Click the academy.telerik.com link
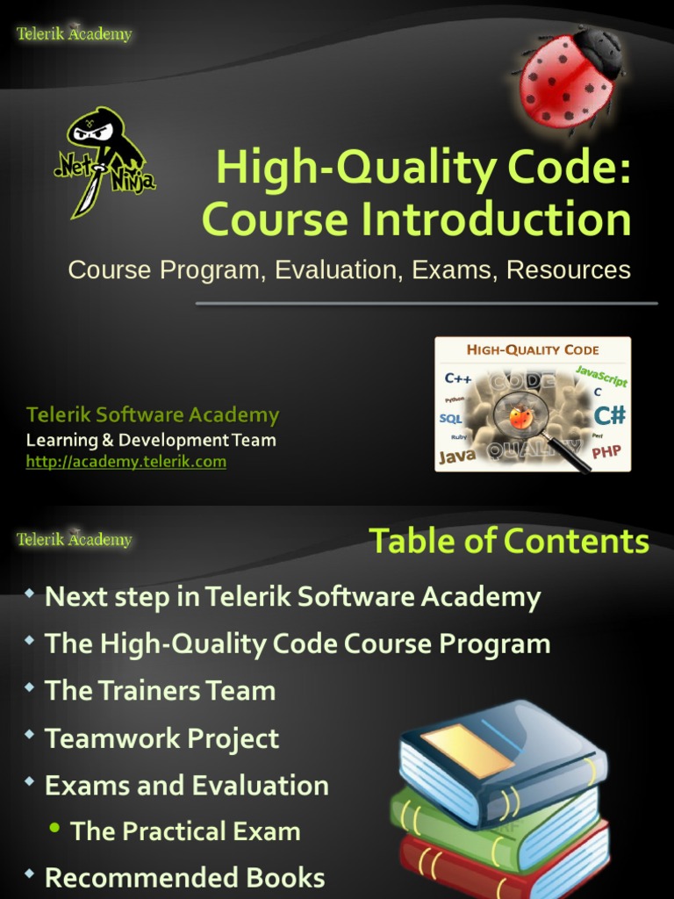coord(126,462)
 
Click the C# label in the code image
coord(610,414)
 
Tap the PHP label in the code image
coord(606,453)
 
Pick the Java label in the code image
coord(456,456)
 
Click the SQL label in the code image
coord(450,419)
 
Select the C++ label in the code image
coord(458,379)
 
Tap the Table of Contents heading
coord(509,541)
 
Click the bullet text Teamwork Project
coord(162,738)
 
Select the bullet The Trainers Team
coord(161,691)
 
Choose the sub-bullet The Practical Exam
coord(185,831)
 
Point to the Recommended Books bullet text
coord(185,877)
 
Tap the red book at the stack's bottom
coord(509,865)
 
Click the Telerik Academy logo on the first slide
coord(75,34)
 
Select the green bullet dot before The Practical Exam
coord(56,829)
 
